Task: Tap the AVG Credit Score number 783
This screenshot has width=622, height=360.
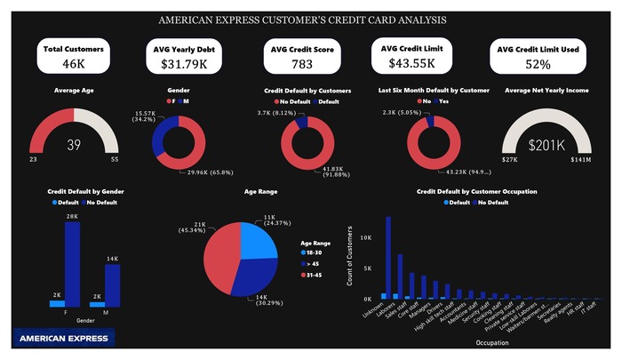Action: pyautogui.click(x=302, y=64)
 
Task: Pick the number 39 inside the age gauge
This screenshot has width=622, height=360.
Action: pyautogui.click(x=75, y=145)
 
